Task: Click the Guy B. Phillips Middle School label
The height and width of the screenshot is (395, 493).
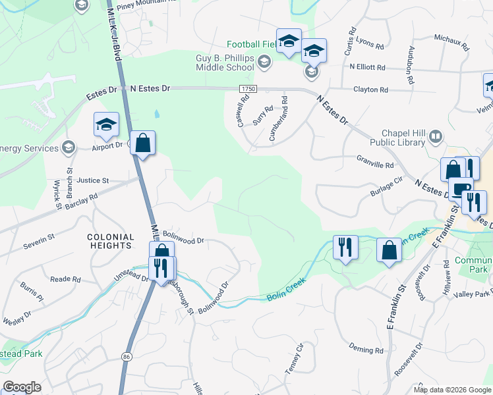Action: (x=224, y=63)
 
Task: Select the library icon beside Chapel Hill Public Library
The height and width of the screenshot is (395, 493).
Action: (x=435, y=137)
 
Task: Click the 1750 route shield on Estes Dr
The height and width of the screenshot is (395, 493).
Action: (x=248, y=88)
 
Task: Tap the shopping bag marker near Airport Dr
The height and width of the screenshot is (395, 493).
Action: (x=142, y=143)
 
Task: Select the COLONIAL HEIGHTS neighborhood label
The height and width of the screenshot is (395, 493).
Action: (x=109, y=241)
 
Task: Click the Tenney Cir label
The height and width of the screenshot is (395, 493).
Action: (x=294, y=358)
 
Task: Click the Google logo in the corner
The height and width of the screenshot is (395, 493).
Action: (x=22, y=387)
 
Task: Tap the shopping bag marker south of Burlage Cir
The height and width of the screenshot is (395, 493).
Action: (x=389, y=250)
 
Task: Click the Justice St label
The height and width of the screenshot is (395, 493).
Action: (x=92, y=180)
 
